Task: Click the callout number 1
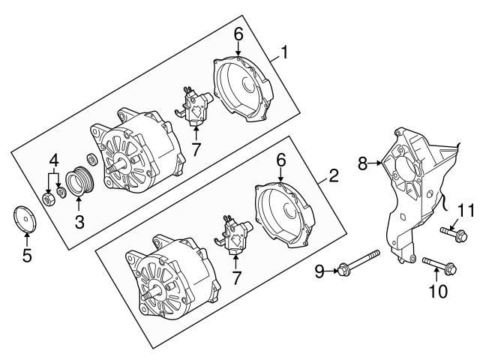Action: [285, 52]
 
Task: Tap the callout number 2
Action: [333, 175]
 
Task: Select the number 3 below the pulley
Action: [79, 221]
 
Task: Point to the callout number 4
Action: [53, 160]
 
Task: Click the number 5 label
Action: [27, 255]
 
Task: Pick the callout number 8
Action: [362, 163]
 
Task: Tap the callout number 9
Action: [319, 271]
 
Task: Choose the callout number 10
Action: [438, 291]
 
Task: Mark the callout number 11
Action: [466, 211]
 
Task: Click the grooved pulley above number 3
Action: [80, 183]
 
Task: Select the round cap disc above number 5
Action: [25, 219]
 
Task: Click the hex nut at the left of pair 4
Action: [48, 199]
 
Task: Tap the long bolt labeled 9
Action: [358, 263]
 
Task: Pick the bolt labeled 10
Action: [439, 265]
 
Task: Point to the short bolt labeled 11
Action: [454, 234]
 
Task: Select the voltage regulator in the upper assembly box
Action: [195, 106]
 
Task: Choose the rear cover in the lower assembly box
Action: [285, 214]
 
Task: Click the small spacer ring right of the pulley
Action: [91, 158]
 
